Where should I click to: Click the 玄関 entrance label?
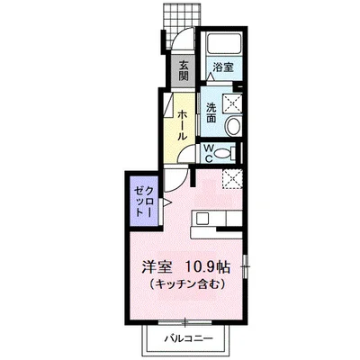pos(184,71)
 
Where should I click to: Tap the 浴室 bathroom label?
pos(223,67)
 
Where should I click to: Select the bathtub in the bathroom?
pos(224,43)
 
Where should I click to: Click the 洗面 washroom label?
pos(211,112)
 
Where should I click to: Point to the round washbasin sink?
pos(233,126)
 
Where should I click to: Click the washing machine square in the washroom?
pos(232,103)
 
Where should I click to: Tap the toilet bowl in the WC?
pos(223,154)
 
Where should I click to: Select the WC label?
pos(209,154)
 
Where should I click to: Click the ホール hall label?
pos(183,125)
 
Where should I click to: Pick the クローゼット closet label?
pos(144,202)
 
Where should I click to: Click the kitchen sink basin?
pos(202,218)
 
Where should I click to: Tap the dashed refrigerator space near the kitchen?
pos(232,179)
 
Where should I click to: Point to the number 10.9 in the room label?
pos(201,267)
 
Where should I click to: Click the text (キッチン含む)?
pos(187,283)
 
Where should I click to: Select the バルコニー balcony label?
pos(188,338)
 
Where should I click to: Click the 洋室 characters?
pos(157,267)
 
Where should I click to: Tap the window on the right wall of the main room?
pos(245,265)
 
